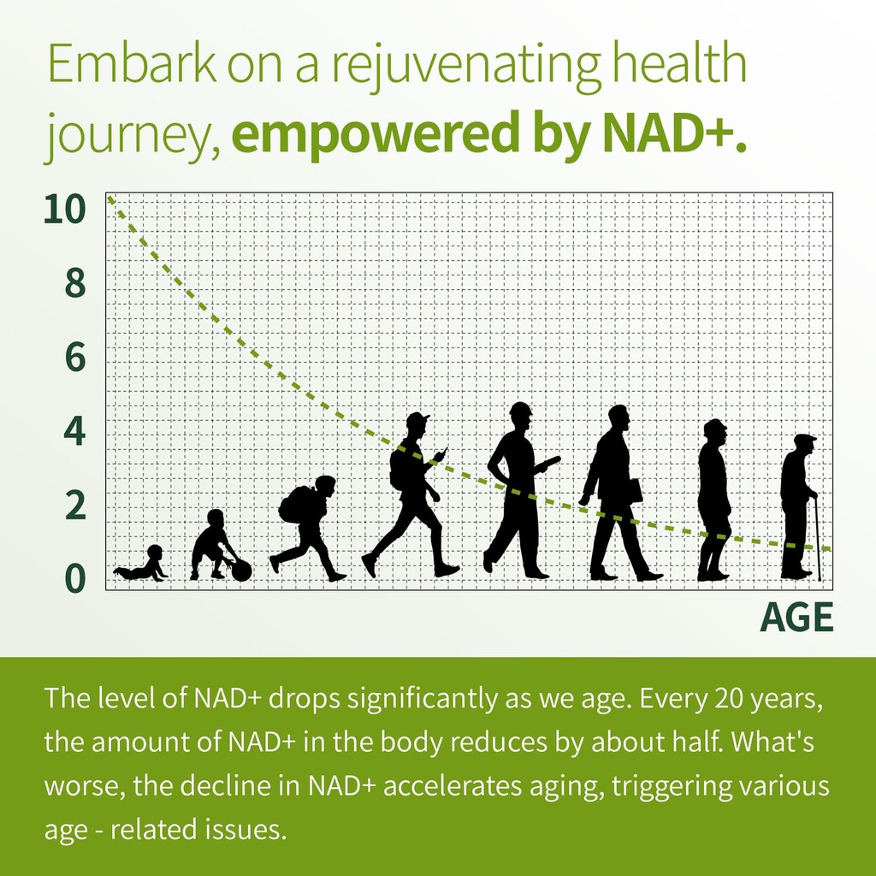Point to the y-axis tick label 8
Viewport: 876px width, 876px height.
coord(75,284)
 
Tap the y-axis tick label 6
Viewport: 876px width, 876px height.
coord(75,358)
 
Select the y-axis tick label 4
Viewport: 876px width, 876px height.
coord(75,432)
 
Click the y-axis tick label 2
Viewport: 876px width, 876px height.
coord(75,506)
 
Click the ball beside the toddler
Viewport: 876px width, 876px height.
coord(241,571)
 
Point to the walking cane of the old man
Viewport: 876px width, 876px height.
coord(816,539)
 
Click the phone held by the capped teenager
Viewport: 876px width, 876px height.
coord(442,453)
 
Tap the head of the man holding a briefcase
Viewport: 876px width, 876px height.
coord(619,417)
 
